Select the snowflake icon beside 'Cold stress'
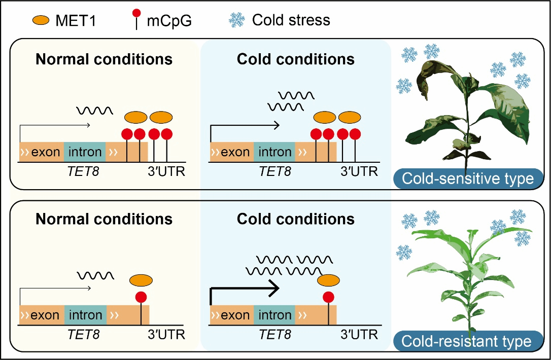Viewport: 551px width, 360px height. click(237, 20)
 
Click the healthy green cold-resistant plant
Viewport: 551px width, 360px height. click(467, 274)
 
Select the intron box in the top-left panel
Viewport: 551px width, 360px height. click(85, 152)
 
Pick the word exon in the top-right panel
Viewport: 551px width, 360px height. click(235, 152)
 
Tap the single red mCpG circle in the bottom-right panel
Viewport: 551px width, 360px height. click(329, 297)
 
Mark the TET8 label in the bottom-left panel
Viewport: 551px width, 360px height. click(84, 335)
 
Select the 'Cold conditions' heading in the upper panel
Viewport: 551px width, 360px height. click(296, 59)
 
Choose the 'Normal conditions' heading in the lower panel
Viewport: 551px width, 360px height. click(104, 219)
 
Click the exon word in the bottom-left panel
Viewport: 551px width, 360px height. click(45, 315)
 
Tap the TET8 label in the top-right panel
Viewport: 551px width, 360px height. click(275, 171)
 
